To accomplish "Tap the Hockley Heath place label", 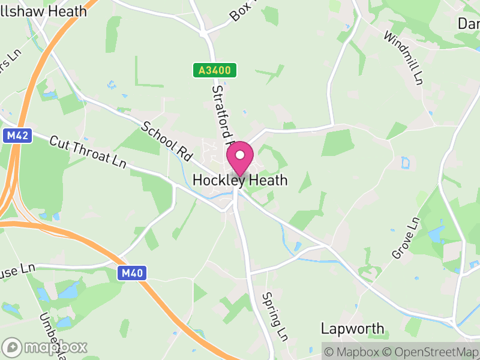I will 240,180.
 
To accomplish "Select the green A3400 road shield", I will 215,71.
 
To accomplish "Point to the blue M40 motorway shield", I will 131,274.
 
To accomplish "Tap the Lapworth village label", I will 352,328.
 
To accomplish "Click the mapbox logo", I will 45,347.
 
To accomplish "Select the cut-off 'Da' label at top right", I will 468,23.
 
